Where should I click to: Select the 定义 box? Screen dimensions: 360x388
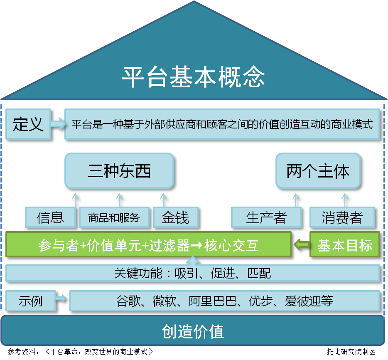coord(28,124)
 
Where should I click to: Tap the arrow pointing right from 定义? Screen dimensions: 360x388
coord(58,124)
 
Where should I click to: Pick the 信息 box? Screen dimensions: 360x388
coord(50,217)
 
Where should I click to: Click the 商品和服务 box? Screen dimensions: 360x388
coord(114,217)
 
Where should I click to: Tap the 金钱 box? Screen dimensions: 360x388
coord(175,217)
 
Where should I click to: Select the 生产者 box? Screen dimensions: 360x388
coord(266,217)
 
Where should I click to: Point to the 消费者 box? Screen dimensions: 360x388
coord(342,217)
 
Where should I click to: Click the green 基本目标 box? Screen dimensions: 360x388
coord(345,245)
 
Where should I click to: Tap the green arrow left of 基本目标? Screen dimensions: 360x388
coord(301,245)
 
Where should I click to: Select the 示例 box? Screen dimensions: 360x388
coord(30,301)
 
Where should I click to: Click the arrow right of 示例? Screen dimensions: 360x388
coord(62,298)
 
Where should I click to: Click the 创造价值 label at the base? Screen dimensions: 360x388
coord(193,331)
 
